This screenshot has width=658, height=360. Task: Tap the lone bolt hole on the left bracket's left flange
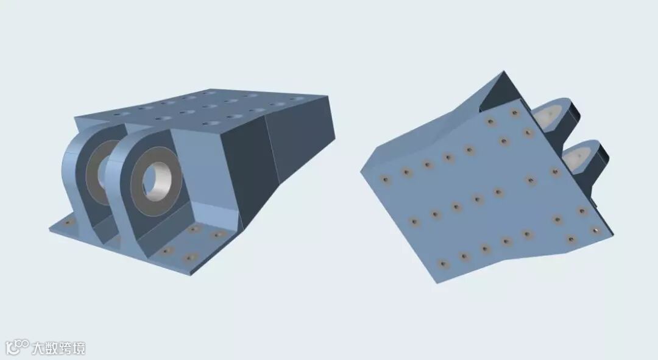coord(68,222)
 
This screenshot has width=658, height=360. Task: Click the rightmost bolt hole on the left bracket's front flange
coord(218,234)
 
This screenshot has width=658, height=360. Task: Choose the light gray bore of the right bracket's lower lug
coord(578,157)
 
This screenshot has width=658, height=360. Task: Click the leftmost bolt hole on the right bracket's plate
coord(385,180)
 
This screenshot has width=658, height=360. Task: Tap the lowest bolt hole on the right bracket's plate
coord(443,264)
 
